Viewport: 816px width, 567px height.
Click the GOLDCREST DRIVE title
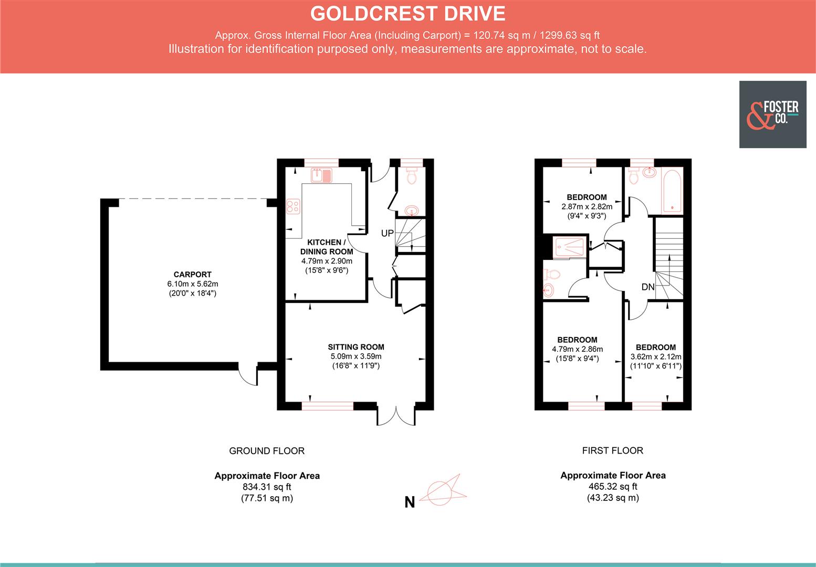coord(407,14)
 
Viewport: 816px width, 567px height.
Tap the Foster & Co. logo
coord(772,114)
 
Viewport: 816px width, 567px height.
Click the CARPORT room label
coord(192,274)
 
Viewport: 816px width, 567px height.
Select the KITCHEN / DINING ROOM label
coord(326,247)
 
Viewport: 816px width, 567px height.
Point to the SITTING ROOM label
coord(355,347)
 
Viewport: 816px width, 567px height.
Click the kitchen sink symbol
coord(322,175)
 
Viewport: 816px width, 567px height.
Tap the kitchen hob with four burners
coord(292,206)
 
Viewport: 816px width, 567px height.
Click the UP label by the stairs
coord(387,233)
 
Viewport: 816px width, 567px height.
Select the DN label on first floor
coord(647,287)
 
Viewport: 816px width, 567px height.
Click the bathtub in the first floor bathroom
coord(672,191)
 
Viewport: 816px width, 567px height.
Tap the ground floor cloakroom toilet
coord(412,176)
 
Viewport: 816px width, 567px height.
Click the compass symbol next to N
coord(445,491)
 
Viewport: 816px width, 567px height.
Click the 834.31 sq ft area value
coord(267,487)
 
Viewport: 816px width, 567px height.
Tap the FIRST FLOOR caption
coord(612,450)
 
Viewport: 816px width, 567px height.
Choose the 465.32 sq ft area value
coord(613,487)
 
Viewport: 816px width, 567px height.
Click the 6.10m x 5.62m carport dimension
coord(192,284)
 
